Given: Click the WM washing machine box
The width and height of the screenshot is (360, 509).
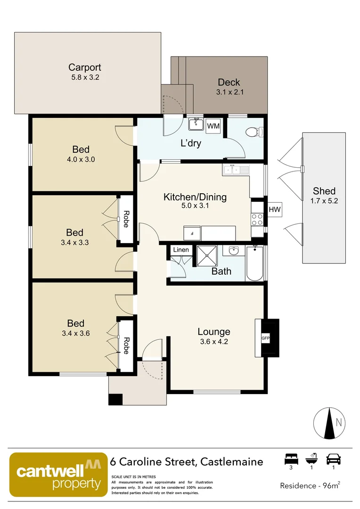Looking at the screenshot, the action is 213,126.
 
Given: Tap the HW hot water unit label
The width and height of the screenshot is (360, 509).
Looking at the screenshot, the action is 275,209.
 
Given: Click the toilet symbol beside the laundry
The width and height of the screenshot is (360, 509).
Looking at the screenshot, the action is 254,132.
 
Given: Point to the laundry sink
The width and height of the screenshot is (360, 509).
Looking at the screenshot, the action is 196,124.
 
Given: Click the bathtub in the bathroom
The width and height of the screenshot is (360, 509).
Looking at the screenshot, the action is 254,263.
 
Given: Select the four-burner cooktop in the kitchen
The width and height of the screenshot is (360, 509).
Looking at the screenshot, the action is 257,220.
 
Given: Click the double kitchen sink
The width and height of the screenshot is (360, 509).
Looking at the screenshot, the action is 236,170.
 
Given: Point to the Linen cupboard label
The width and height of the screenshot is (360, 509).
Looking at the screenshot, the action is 181,250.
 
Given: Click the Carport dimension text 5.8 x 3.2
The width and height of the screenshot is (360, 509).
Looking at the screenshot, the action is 85,77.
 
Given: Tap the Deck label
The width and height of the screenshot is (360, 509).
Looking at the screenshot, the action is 229,82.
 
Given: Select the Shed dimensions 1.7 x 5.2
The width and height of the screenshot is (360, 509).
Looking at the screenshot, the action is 324,201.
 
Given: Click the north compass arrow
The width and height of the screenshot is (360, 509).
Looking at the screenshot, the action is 330,423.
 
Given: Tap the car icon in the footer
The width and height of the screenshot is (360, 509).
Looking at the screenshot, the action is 333,459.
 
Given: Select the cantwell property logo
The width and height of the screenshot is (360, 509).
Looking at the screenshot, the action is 58,475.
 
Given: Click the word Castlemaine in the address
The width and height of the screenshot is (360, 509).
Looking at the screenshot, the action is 232,461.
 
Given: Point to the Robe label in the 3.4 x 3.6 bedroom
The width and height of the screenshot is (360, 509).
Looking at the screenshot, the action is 126,345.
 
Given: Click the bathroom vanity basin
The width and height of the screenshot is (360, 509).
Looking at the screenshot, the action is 233,250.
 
